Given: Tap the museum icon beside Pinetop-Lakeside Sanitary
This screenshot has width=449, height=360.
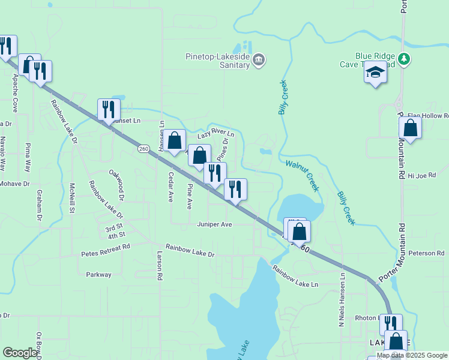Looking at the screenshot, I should click(259, 59).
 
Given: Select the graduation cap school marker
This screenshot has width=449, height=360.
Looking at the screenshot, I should click(376, 73).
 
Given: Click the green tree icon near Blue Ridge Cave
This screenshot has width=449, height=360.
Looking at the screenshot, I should click(405, 58).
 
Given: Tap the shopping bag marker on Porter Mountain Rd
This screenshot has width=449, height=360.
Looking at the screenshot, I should click(410, 128).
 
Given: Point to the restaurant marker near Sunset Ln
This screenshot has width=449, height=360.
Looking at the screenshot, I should click(109, 110).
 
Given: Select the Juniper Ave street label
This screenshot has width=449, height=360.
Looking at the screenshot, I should click(214, 224).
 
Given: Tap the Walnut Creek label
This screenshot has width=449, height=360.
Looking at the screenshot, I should click(302, 175).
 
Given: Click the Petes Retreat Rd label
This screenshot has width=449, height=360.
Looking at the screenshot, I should click(106, 250).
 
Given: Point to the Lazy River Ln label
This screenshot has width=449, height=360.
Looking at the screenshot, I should click(215, 137).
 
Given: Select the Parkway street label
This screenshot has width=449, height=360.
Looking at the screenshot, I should click(98, 274).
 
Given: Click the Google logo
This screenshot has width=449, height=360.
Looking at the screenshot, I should click(20, 353).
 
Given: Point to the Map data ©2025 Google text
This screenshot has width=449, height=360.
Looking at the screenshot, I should click(411, 356).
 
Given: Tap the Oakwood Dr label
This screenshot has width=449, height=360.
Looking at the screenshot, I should click(116, 184).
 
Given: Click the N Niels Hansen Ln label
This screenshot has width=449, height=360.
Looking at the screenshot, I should click(342, 301).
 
